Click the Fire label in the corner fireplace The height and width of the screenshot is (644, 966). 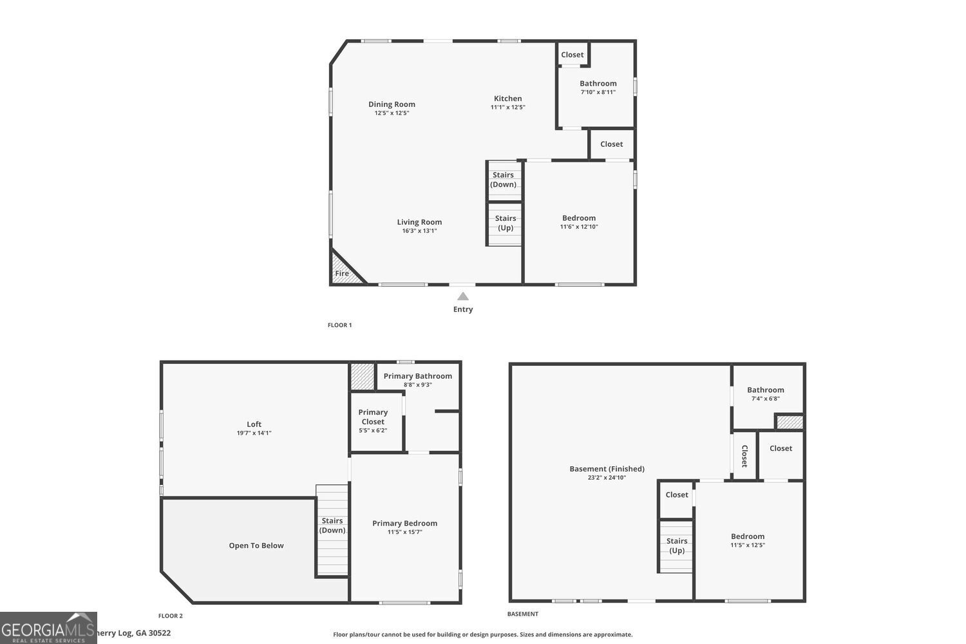tap(342, 274)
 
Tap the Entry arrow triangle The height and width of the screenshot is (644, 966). tap(462, 296)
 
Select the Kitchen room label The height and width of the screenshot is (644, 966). tap(507, 99)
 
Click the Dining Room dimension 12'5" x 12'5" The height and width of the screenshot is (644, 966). tap(392, 113)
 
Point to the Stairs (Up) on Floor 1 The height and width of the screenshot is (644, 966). tap(505, 223)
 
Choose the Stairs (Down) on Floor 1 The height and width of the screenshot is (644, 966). tap(503, 180)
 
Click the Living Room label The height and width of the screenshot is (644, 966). tap(419, 222)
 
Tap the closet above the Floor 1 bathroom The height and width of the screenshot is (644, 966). tap(572, 55)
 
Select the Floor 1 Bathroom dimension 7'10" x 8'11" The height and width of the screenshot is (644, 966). tap(598, 92)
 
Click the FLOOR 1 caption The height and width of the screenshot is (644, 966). tap(339, 325)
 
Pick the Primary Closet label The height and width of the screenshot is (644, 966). tap(373, 417)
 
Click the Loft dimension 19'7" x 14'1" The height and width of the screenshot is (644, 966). tap(254, 433)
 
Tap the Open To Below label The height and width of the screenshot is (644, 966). tap(256, 545)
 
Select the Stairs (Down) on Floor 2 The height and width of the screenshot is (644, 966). tap(332, 526)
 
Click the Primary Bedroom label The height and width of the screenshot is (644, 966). tap(404, 524)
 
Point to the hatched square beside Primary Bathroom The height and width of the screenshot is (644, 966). tap(362, 376)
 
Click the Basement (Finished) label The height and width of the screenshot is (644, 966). tap(607, 469)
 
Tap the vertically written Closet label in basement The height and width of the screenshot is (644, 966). tap(744, 456)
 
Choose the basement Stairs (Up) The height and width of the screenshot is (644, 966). tap(676, 545)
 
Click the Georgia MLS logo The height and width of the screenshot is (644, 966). tap(48, 628)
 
